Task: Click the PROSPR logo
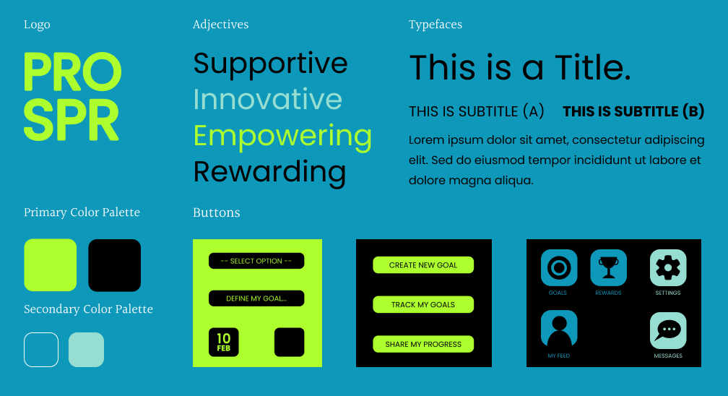(x=72, y=96)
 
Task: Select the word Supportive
(x=270, y=64)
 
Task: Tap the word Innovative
(x=268, y=99)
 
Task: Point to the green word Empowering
(x=282, y=137)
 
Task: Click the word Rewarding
(x=270, y=173)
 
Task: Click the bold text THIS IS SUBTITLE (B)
(x=633, y=111)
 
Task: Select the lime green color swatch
(x=50, y=265)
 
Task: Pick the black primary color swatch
(x=114, y=265)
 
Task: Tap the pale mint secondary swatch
(x=87, y=350)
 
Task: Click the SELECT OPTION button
(x=256, y=261)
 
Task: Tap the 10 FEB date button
(x=224, y=342)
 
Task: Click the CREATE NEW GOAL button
(x=423, y=265)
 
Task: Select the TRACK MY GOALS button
(x=423, y=304)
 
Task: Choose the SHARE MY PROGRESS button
(x=423, y=344)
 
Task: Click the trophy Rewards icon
(x=608, y=267)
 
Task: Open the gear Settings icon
(x=668, y=267)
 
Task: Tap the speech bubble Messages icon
(x=668, y=330)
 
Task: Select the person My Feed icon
(x=559, y=328)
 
